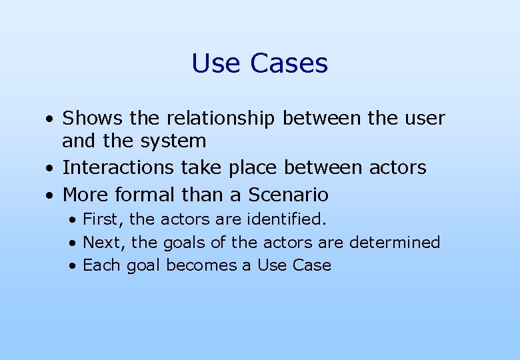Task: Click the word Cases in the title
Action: tap(289, 63)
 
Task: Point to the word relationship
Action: tap(220, 119)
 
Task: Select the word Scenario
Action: tap(289, 195)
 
